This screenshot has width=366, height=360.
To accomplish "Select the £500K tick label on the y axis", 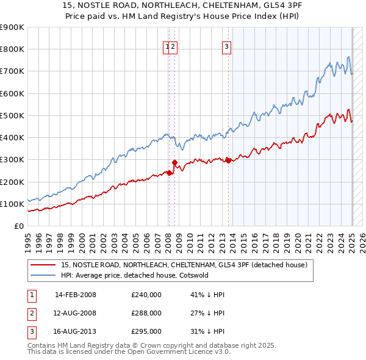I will (x=13, y=115).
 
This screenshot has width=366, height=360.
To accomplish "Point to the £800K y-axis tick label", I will (x=13, y=49).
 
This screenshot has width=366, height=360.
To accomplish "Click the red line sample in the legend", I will (x=43, y=265).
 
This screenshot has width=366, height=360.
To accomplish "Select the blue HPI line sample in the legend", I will (x=43, y=275).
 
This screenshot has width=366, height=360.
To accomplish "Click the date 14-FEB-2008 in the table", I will (x=76, y=295).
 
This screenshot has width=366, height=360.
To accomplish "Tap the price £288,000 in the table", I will (x=146, y=313).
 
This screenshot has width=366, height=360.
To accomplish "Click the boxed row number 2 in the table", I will (x=31, y=314).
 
